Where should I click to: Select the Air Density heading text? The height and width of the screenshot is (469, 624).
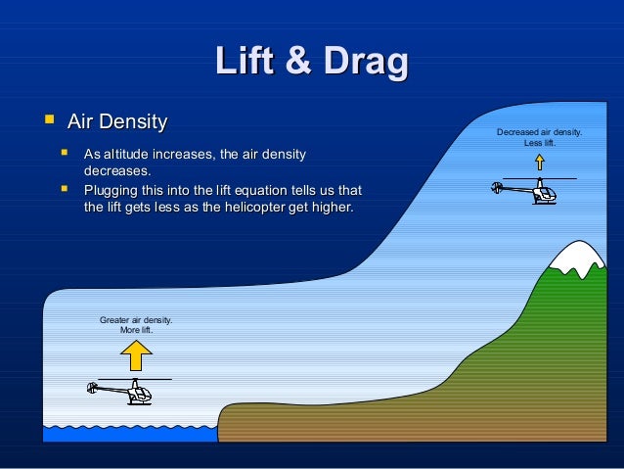click(116, 122)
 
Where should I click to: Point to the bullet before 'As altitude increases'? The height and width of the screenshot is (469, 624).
click(65, 153)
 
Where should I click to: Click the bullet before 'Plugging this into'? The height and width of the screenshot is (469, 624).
click(65, 188)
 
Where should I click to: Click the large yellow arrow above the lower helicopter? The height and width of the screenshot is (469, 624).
click(135, 354)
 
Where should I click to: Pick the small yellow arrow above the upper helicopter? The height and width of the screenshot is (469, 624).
click(539, 162)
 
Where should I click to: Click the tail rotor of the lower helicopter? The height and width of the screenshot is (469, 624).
click(92, 388)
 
